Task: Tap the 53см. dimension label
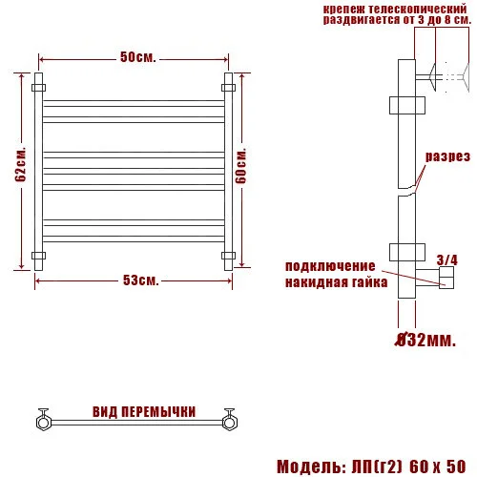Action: [x=139, y=280]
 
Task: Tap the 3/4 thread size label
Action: [x=446, y=259]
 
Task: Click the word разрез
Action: [x=446, y=156]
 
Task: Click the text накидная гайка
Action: [x=336, y=283]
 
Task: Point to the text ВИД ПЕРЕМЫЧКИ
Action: [x=143, y=412]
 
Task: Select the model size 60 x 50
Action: [x=438, y=467]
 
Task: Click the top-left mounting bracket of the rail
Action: [x=38, y=87]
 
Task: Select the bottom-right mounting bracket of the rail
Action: [x=228, y=255]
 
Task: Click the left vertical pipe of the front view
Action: [x=38, y=172]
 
